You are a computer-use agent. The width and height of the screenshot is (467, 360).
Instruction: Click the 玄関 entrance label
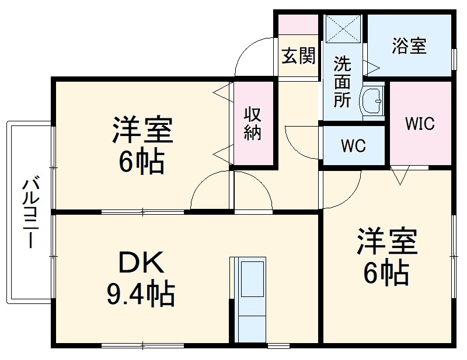point(298,56)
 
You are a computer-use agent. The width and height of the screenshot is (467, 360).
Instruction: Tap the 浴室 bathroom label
point(409,46)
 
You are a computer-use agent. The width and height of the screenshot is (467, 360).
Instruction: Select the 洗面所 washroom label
point(342,82)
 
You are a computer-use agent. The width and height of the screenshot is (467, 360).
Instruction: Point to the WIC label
point(420,124)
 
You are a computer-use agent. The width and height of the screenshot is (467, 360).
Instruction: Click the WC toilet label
point(353,146)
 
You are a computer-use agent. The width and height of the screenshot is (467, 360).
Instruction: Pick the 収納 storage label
point(252,123)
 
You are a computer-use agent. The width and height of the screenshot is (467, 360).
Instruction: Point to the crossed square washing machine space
point(343,27)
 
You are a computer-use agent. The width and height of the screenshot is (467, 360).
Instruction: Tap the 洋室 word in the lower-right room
point(387,242)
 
